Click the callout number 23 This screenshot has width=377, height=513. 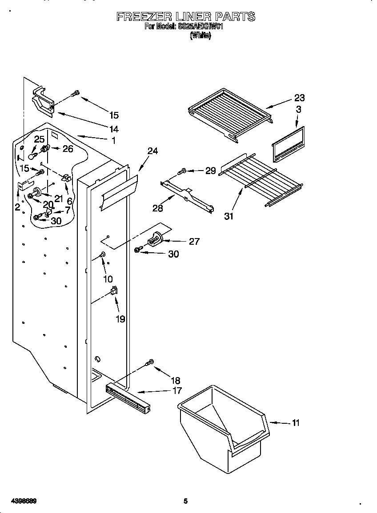point(299,98)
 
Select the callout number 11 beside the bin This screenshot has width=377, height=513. point(296,423)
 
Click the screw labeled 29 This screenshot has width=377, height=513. point(182,171)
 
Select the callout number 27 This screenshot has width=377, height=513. point(194,242)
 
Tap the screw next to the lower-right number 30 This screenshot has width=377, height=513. point(138,250)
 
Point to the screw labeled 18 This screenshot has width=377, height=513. point(150,363)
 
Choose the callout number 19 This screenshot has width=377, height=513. point(120,318)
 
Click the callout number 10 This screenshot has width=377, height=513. point(108,279)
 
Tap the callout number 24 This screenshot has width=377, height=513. point(152,151)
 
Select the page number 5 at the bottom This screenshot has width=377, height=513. point(185,501)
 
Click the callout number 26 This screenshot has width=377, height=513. point(68,149)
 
